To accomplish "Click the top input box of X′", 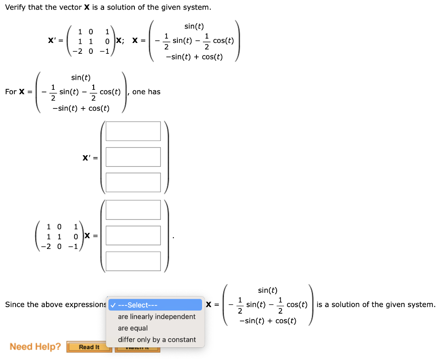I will pyautogui.click(x=133, y=131).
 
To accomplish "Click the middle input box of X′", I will pyautogui.click(x=133, y=157).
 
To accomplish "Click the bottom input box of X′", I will pyautogui.click(x=133, y=182).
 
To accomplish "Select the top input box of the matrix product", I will pyautogui.click(x=133, y=209).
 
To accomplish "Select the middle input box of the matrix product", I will pyautogui.click(x=133, y=235).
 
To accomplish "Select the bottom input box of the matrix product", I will pyautogui.click(x=133, y=261).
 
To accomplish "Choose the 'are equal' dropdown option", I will pyautogui.click(x=133, y=328).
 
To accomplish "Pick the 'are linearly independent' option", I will pyautogui.click(x=157, y=317).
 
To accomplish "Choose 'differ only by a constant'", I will pyautogui.click(x=157, y=340).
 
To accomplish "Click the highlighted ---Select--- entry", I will pyautogui.click(x=155, y=305).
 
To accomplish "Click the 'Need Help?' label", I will pyautogui.click(x=36, y=347).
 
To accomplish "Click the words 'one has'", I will pyautogui.click(x=146, y=92).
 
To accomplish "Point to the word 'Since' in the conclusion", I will pyautogui.click(x=15, y=304).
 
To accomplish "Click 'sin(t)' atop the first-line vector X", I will pyautogui.click(x=194, y=26).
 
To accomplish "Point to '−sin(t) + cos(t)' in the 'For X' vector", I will pyautogui.click(x=81, y=108).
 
